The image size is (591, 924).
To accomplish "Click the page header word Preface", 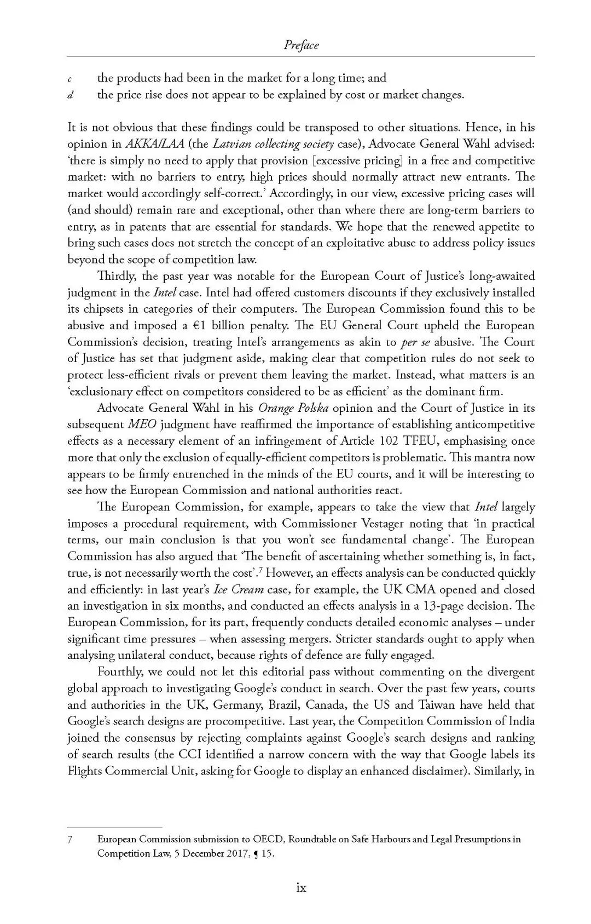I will pyautogui.click(x=301, y=45).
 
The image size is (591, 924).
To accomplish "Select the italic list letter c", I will pyautogui.click(x=70, y=79).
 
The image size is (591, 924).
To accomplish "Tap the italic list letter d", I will pyautogui.click(x=70, y=95).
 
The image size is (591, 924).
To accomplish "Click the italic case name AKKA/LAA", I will pyautogui.click(x=154, y=144).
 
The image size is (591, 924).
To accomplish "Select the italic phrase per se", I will pyautogui.click(x=416, y=342).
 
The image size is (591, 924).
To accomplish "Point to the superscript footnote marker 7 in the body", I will pyautogui.click(x=260, y=570).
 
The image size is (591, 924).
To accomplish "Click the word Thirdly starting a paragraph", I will pyautogui.click(x=117, y=276).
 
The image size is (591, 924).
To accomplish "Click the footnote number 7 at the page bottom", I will pyautogui.click(x=70, y=839).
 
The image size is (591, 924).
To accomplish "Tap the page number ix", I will pyautogui.click(x=301, y=888).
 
